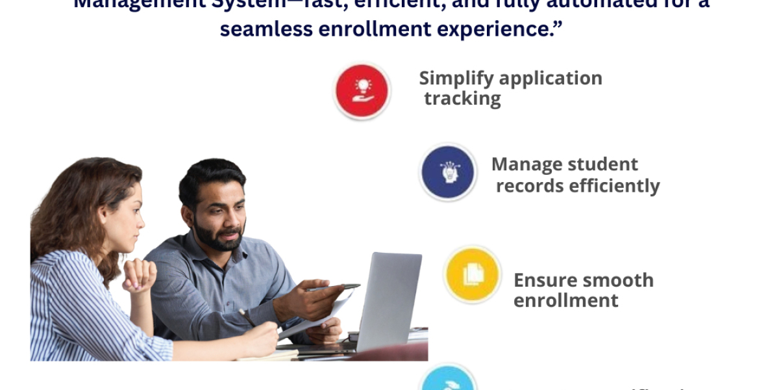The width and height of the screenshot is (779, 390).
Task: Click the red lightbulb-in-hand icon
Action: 362,91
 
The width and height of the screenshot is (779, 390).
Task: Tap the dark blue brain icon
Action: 447,172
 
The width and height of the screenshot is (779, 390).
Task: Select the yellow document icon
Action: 473,275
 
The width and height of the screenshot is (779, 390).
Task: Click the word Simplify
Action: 451,78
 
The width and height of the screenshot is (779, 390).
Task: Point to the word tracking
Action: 462,99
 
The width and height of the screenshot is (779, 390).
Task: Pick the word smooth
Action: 619,280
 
